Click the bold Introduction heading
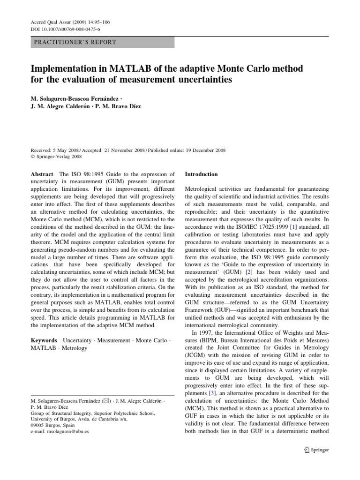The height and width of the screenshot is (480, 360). coord(202,174)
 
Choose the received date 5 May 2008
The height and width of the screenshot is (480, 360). coord(65,150)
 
